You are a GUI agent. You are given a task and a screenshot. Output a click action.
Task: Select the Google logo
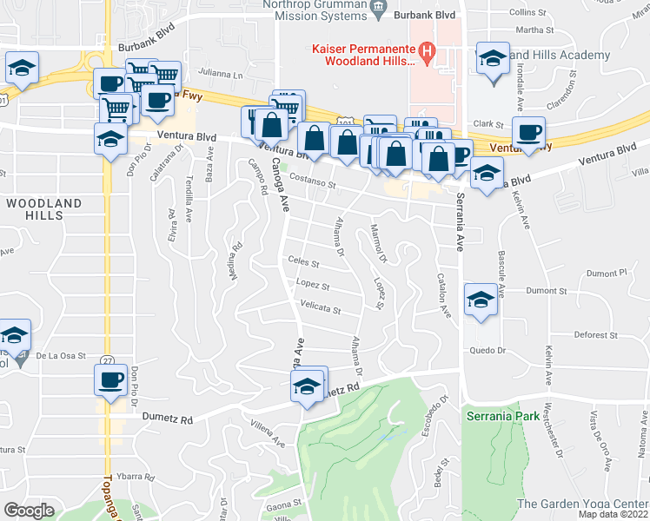point(29,511)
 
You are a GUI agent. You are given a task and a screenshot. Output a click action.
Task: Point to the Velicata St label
point(320,308)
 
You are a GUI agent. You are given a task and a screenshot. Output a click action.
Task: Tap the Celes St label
point(304,261)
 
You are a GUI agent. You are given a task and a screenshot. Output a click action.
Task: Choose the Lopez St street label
point(313,285)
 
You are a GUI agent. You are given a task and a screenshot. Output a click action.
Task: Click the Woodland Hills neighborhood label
point(44,209)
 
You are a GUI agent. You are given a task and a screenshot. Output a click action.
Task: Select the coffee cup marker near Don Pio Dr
point(110,381)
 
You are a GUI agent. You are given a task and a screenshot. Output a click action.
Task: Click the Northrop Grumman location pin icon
point(378,10)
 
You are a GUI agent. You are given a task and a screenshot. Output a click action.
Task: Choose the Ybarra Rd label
point(136,477)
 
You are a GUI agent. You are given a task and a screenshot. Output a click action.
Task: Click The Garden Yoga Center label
point(583,504)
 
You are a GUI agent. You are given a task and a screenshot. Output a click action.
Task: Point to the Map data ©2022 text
point(613,514)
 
